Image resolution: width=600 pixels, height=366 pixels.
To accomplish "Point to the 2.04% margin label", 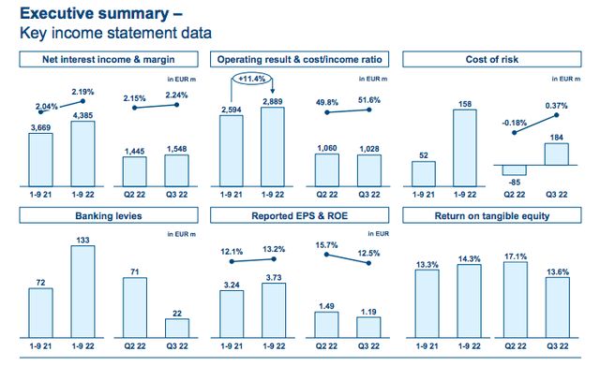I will pos(47,106).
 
